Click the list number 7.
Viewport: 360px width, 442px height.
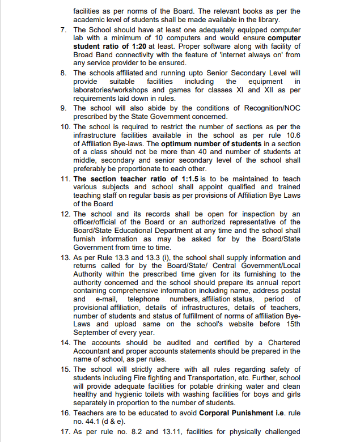coord(65,29)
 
